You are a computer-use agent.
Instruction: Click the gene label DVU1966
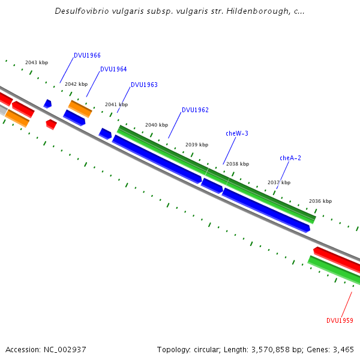87,55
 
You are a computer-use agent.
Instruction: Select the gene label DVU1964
113,69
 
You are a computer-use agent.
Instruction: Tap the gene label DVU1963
144,85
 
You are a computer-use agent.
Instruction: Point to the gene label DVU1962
195,110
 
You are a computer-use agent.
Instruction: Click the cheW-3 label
237,133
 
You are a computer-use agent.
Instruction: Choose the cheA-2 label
290,158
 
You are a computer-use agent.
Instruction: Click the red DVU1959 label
340,320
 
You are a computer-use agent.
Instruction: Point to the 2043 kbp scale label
37,62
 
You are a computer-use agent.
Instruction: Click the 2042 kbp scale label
76,84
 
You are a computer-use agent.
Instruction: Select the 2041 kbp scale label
116,104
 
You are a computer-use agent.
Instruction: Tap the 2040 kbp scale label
157,125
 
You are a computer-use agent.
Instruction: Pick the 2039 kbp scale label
197,145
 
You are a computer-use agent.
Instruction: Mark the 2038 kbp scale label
238,164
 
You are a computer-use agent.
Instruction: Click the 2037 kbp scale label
279,182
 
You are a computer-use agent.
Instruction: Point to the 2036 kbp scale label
320,201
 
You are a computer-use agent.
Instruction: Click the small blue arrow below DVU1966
47,104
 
